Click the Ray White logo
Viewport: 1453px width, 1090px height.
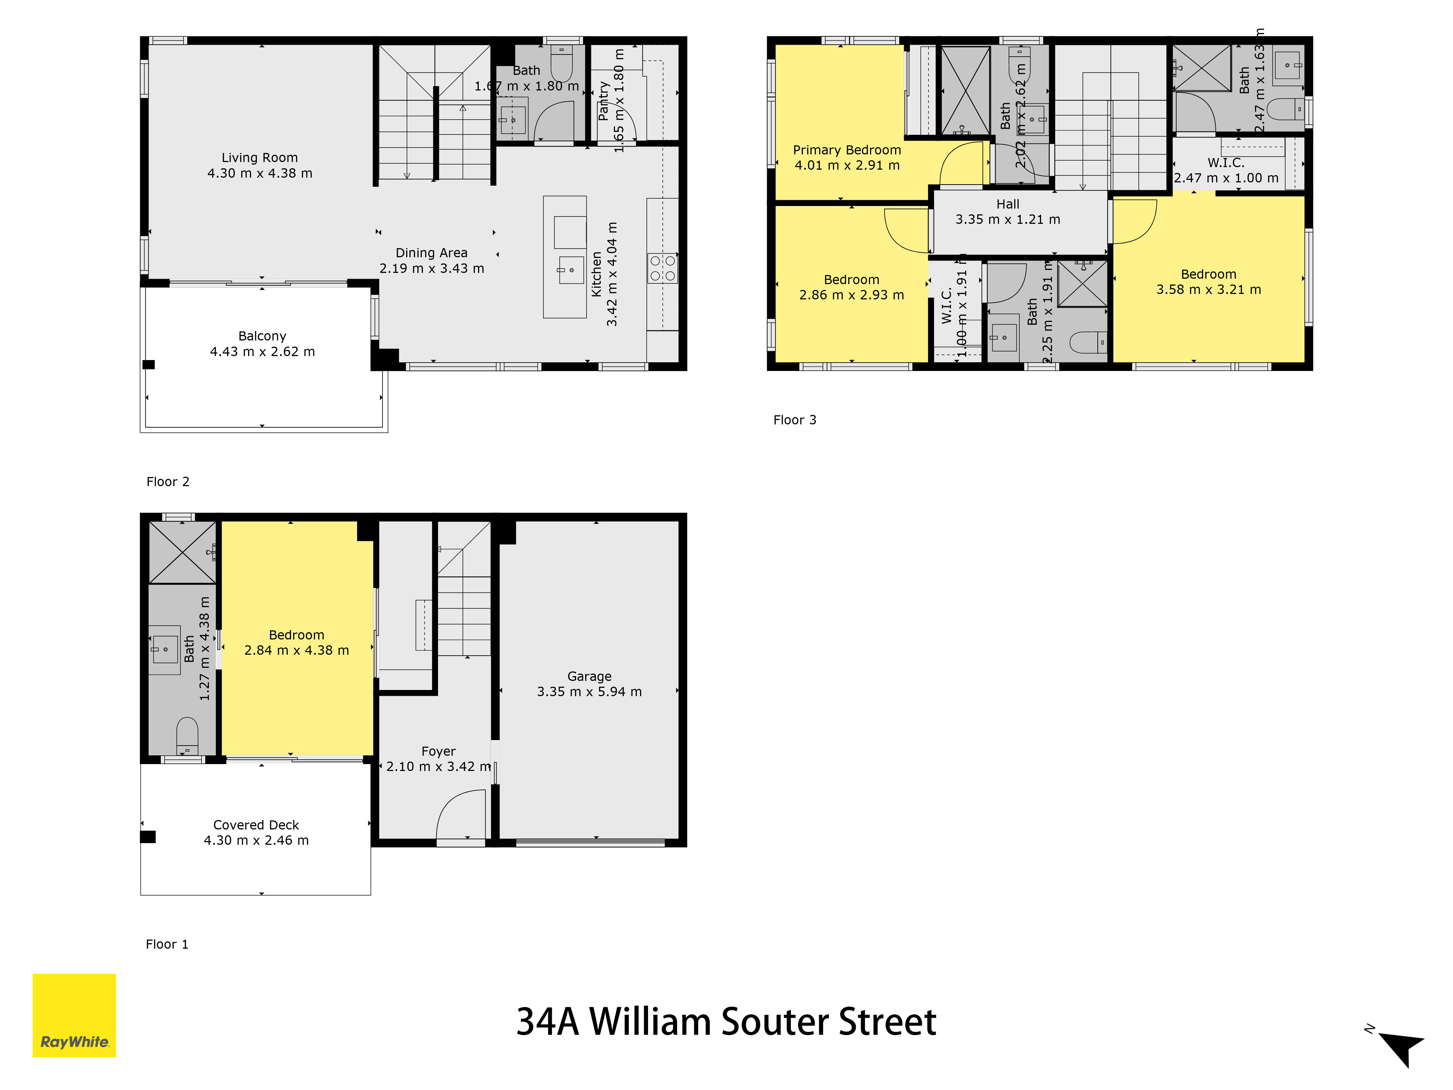tap(74, 1015)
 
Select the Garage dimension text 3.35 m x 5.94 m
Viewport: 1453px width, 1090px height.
tap(589, 691)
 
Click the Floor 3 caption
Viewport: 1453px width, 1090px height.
tap(795, 420)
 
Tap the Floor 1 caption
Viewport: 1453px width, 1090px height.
tap(167, 944)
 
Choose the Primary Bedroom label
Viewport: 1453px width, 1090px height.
tap(847, 150)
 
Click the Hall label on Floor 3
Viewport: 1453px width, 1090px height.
tap(1008, 204)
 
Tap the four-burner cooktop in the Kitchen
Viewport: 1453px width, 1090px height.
tap(662, 268)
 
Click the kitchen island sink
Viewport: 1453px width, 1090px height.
tap(571, 270)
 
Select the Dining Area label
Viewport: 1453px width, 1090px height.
tap(432, 253)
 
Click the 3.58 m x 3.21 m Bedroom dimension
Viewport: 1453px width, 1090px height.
tap(1209, 290)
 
